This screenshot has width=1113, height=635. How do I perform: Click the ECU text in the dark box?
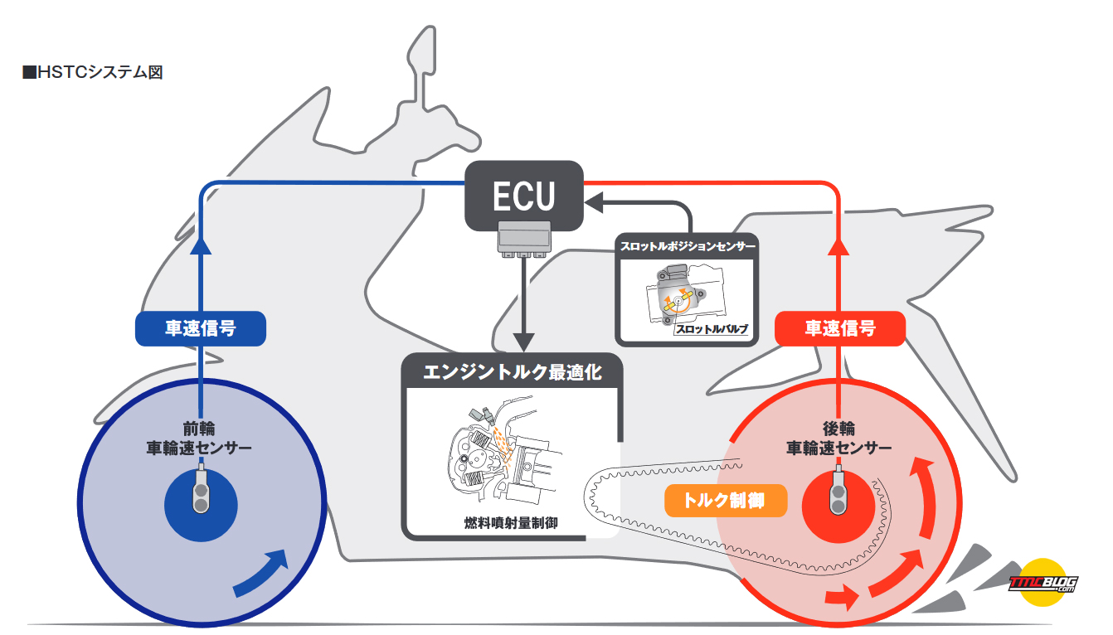pyautogui.click(x=523, y=196)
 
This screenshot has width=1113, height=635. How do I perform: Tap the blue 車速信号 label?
pyautogui.click(x=201, y=328)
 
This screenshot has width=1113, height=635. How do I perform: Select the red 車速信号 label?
pyautogui.click(x=840, y=328)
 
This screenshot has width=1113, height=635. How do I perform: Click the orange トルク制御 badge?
pyautogui.click(x=726, y=501)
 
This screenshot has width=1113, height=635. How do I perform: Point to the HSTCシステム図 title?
pyautogui.click(x=93, y=72)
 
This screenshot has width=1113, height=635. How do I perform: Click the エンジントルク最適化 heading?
pyautogui.click(x=513, y=372)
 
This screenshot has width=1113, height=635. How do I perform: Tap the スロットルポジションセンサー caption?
pyautogui.click(x=688, y=246)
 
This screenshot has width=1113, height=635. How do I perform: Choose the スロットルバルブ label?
pyautogui.click(x=712, y=328)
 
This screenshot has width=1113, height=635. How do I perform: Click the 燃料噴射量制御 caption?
pyautogui.click(x=511, y=523)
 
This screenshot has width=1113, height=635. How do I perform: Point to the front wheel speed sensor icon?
pyautogui.click(x=201, y=492)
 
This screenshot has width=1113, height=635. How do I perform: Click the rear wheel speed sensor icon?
pyautogui.click(x=838, y=492)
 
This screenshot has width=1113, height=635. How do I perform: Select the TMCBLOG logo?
pyautogui.click(x=1043, y=583)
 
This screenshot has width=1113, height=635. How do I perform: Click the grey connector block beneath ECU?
pyautogui.click(x=524, y=240)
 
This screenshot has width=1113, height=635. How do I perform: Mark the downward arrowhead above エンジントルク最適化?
pyautogui.click(x=523, y=342)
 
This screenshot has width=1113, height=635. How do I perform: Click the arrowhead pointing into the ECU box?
pyautogui.click(x=593, y=202)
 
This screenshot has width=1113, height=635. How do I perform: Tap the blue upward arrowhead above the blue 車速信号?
pyautogui.click(x=201, y=246)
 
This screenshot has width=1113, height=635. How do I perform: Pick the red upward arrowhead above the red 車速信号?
pyautogui.click(x=838, y=246)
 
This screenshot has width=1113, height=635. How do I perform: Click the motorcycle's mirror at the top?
pyautogui.click(x=422, y=50)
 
